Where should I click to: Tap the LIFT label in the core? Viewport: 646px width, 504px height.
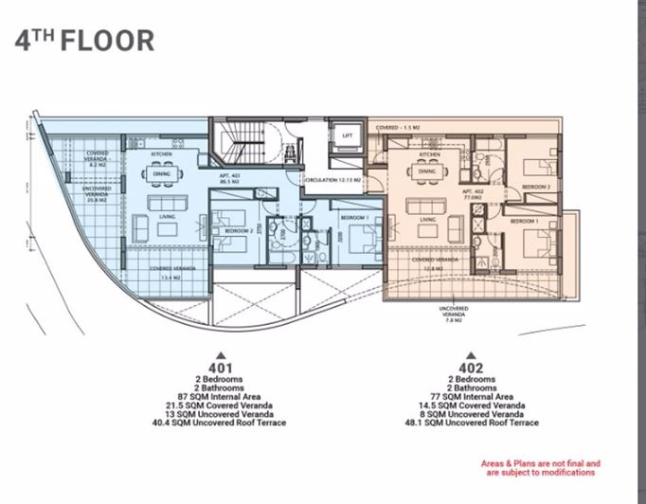[x=347, y=136]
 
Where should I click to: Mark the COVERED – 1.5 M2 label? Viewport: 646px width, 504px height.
[x=398, y=127]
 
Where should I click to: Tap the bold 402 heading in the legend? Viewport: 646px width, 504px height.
[x=471, y=368]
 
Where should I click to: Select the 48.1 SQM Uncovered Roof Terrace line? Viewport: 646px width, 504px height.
[x=471, y=423]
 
